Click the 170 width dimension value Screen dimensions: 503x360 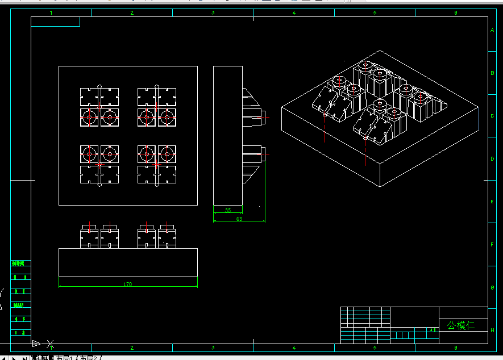(127, 284)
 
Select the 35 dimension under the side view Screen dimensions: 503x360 (228, 211)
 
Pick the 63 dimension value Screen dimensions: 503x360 (239, 219)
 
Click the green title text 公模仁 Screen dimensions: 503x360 (460, 325)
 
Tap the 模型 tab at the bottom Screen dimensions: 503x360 (43, 358)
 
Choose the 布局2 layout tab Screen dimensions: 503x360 (90, 358)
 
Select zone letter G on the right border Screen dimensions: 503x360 (492, 287)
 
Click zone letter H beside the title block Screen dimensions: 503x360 (492, 330)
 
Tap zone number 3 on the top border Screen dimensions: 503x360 (213, 12)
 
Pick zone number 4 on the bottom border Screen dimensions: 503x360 (294, 348)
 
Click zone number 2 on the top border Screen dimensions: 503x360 (132, 12)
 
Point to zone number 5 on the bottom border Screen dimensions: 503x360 (375, 348)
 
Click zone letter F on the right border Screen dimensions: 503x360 (492, 244)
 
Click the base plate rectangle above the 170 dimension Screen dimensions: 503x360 (128, 262)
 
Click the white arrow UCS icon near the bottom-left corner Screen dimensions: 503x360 (37, 344)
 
